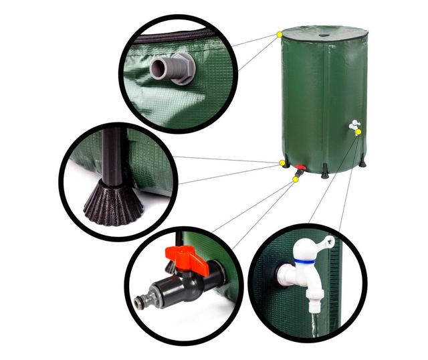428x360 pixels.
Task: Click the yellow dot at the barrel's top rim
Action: point(279,34)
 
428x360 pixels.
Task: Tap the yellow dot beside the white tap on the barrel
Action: point(358,132)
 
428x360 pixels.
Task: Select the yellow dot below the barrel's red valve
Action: point(296,179)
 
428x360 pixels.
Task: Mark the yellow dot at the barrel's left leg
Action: point(282,163)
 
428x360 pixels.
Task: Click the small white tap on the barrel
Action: point(353,124)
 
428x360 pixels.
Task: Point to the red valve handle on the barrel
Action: point(300,168)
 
